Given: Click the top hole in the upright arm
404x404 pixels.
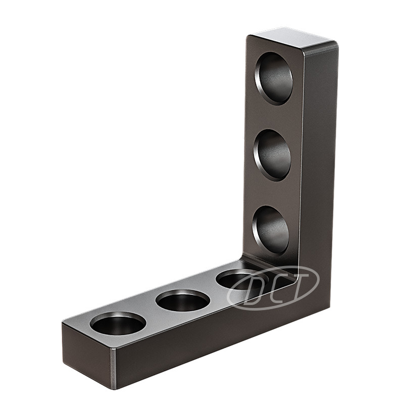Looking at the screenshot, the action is [x=274, y=79].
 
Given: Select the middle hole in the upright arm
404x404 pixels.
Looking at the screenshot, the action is [x=272, y=155].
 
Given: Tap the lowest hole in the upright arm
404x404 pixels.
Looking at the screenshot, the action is [x=271, y=230].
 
